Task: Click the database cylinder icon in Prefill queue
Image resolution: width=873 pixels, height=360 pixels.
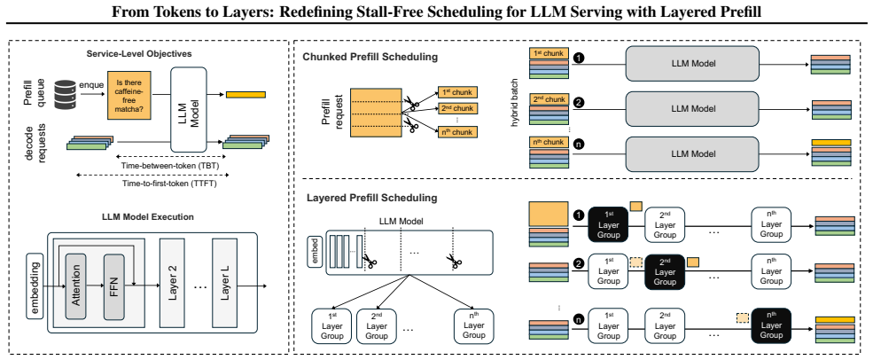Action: point(65,94)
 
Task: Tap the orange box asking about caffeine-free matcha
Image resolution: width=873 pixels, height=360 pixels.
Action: point(129,95)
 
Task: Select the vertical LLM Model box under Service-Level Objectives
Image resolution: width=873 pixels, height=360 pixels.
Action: point(189,110)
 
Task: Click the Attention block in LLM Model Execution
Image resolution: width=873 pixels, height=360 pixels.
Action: point(75,286)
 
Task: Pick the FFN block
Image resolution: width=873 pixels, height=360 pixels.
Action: point(114,286)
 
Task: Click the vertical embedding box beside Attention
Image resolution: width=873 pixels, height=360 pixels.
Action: point(35,285)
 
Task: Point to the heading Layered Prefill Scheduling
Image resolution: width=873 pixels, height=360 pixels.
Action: point(370,198)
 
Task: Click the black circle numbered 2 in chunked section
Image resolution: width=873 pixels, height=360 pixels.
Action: point(579,103)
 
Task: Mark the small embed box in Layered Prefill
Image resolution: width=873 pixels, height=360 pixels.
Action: point(315,251)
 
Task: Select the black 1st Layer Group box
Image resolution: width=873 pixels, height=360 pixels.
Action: point(608,224)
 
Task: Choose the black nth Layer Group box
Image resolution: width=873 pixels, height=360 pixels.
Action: point(771,325)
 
